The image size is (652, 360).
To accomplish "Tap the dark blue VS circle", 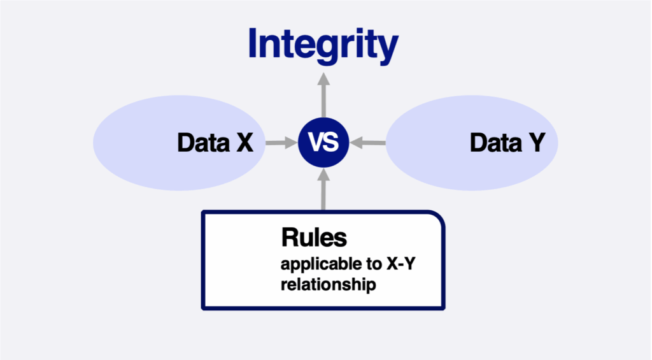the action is point(323,142).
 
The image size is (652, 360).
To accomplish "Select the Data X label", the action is point(215,143).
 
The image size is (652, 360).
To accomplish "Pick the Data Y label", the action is point(507,143).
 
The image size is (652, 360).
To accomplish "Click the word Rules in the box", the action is point(314,238).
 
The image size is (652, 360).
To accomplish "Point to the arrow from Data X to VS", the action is point(281,143).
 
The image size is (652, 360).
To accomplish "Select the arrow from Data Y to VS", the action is point(367,143).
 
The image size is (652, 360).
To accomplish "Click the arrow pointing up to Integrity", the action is point(323,96).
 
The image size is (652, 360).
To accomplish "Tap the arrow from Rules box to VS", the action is point(323,189).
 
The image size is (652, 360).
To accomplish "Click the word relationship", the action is point(328,285).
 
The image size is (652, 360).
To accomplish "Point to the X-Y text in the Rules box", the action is point(401,264).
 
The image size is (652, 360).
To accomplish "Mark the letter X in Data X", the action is point(244,143).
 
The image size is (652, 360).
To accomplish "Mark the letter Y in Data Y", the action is point(537,143).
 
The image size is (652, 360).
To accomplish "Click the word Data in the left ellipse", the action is point(203,143).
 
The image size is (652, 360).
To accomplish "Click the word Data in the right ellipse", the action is point(495,143).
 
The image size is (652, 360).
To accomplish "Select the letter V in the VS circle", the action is point(316,142).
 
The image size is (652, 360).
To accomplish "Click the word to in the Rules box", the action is point(374,264).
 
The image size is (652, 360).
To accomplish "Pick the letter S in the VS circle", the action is point(331,142).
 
